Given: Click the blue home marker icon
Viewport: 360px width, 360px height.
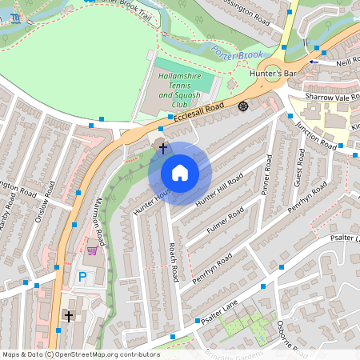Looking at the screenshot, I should [180, 173].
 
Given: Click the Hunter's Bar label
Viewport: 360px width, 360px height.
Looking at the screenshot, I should [273, 74].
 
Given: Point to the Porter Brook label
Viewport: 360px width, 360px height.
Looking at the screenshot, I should [237, 54].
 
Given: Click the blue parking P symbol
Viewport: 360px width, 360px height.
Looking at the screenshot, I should [82, 277].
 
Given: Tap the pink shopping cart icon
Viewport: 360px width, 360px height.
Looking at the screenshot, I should [92, 250].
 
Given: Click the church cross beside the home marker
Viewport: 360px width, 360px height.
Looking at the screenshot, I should [163, 147].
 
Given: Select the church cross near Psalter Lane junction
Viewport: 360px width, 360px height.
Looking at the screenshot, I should [69, 317].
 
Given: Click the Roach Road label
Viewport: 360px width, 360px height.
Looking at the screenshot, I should [173, 262].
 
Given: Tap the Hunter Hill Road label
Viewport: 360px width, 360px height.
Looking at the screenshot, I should [223, 190].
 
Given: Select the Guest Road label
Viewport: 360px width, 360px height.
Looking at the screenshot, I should [299, 167].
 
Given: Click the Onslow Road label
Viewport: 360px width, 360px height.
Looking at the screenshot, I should [50, 199].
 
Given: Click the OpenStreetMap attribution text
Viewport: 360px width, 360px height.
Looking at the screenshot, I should [80, 354].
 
